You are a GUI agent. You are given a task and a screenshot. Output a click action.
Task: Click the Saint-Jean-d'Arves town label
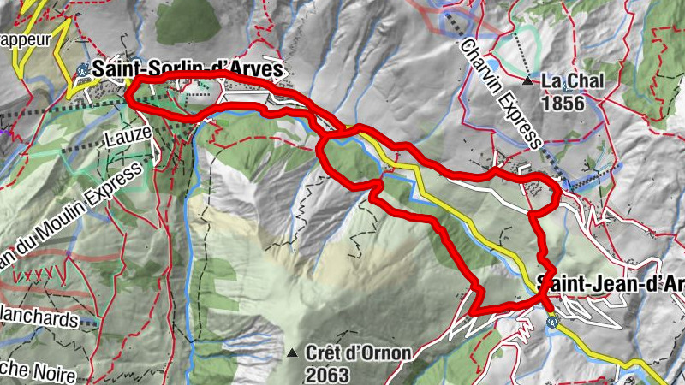(x=611, y=283)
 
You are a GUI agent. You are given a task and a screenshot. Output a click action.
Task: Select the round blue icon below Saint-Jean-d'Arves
(x=551, y=322)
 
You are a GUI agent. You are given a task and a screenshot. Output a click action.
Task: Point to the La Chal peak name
(x=573, y=81)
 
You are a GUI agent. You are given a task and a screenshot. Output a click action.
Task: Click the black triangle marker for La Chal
(x=528, y=81)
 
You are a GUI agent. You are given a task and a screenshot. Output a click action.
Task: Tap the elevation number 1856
(x=562, y=104)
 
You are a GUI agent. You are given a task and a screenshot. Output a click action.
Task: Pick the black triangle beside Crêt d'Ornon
(x=293, y=352)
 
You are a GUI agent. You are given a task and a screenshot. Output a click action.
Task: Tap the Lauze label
(x=129, y=133)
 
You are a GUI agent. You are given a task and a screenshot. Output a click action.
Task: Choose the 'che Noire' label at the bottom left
(x=39, y=375)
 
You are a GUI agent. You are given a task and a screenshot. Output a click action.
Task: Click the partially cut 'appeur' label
(x=26, y=38)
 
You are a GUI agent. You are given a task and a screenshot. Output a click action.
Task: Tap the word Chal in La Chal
(x=587, y=81)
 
